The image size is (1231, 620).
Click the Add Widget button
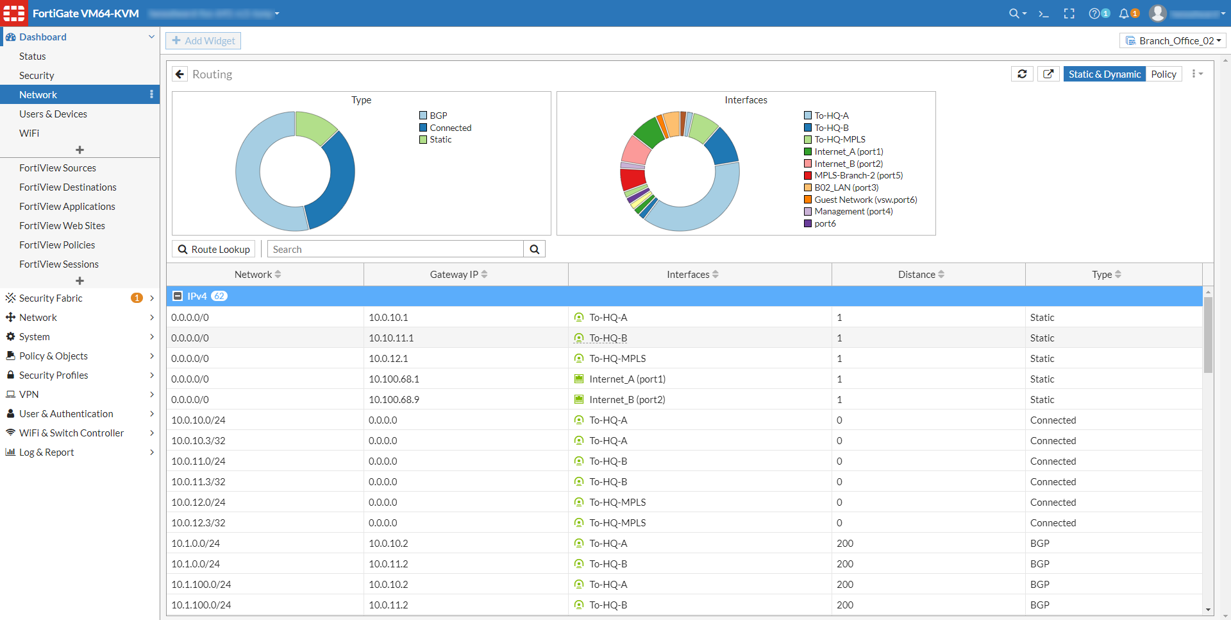203,41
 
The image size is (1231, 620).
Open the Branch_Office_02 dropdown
1173,41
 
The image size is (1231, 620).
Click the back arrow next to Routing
180,74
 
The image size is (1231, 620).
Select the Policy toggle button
1163,74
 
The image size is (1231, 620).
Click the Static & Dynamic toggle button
1104,74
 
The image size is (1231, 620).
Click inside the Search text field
395,250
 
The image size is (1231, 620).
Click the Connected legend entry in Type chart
450,128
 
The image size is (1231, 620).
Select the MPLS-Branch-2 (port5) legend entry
858,175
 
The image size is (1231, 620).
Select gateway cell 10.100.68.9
394,400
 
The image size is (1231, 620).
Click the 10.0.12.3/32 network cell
198,523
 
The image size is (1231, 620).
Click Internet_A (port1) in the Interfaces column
627,379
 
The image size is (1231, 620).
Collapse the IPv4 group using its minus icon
178,296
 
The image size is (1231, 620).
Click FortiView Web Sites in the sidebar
62,226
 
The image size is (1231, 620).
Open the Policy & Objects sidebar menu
53,356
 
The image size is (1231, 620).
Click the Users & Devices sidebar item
53,114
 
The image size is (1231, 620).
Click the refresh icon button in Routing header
1022,74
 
